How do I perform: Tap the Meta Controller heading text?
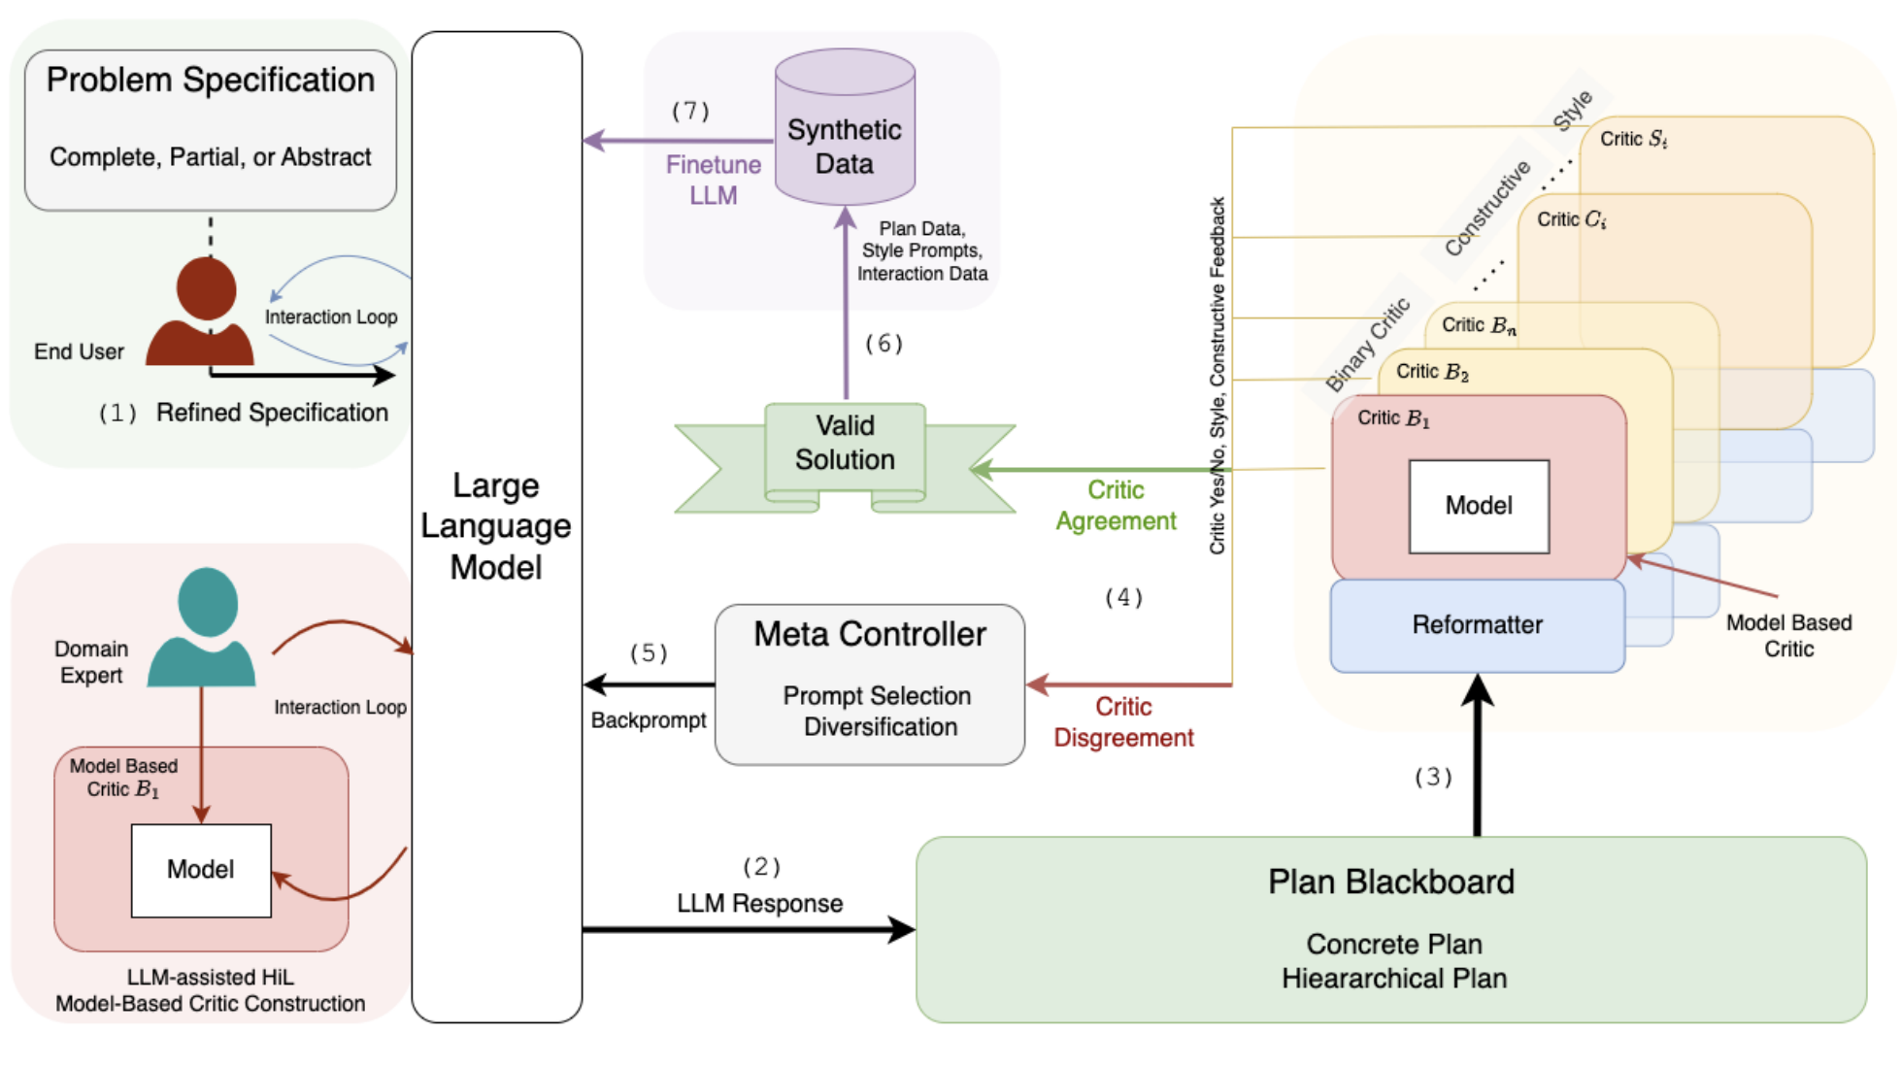[x=870, y=634]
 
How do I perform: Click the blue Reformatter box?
[x=1477, y=624]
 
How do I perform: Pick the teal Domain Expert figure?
[x=204, y=627]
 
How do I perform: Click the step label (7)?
[x=690, y=112]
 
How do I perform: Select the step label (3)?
[x=1433, y=777]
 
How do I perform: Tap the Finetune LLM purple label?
[x=714, y=180]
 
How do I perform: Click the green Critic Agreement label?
[x=1116, y=505]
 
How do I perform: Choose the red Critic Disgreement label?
[x=1123, y=721]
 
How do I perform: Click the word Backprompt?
[x=649, y=720]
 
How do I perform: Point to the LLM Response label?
[x=759, y=903]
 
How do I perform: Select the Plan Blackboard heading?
[x=1390, y=882]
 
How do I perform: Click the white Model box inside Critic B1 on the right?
[x=1479, y=506]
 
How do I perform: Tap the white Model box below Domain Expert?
[x=201, y=870]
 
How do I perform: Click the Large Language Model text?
[x=496, y=526]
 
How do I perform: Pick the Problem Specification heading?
[x=210, y=80]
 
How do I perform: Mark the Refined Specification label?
[x=272, y=413]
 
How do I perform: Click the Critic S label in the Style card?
[x=1633, y=140]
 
